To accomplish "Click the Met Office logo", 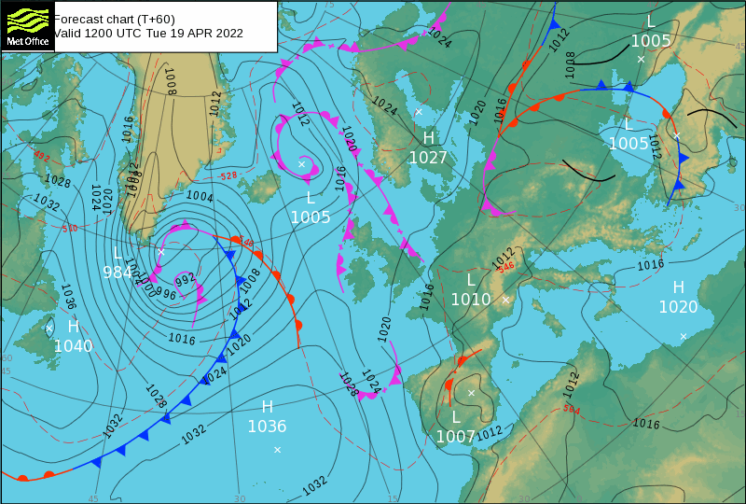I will (x=26, y=25).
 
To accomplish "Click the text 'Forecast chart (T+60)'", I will (x=114, y=18).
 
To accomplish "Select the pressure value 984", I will (x=117, y=272).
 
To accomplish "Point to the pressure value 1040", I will (x=74, y=345).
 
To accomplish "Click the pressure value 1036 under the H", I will (x=267, y=427).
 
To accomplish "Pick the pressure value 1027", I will (x=428, y=158).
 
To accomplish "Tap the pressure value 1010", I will (x=471, y=300).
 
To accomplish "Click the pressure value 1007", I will (x=455, y=436).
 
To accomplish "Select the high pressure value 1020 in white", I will (x=678, y=306).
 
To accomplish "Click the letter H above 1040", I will (x=73, y=326).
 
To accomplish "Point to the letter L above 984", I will (x=117, y=253).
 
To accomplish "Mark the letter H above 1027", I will (x=429, y=138).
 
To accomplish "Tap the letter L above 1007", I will (x=455, y=416).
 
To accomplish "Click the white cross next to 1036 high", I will (x=277, y=450).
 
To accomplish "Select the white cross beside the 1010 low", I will (x=505, y=300).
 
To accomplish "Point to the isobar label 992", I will (x=185, y=278).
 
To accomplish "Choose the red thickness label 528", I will (x=228, y=175).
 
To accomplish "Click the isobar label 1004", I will (x=200, y=197).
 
